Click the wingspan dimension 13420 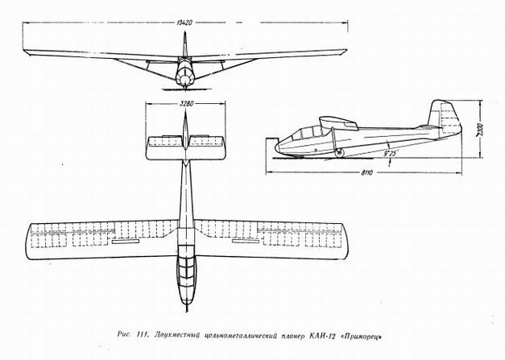point(184,23)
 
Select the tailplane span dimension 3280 point(185,104)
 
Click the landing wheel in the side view point(338,154)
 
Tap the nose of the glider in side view point(275,147)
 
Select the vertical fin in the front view point(185,44)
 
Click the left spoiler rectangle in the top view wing point(126,241)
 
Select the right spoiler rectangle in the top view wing point(246,241)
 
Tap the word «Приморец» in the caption point(362,337)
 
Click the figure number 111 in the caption point(142,335)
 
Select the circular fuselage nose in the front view point(185,79)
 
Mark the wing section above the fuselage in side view point(338,122)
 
